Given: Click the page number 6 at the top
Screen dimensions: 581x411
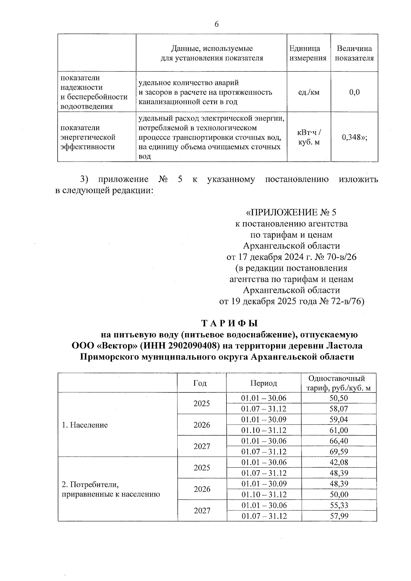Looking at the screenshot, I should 216,24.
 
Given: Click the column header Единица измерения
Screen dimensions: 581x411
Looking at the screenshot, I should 308,53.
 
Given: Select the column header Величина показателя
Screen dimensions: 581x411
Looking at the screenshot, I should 354,53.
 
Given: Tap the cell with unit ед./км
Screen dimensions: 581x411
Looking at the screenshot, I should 309,92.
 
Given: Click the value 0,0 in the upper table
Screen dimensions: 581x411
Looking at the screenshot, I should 354,92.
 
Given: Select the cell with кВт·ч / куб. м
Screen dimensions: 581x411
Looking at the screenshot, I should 309,137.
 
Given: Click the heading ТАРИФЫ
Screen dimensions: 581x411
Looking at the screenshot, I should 229,323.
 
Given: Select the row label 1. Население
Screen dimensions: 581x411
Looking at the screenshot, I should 85,425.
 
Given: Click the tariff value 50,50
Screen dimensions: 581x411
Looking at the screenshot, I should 338,398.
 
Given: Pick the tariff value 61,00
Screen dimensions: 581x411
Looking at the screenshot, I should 338,430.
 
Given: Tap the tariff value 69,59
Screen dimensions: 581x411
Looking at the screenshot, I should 338,452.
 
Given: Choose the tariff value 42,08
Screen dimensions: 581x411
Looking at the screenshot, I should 338,462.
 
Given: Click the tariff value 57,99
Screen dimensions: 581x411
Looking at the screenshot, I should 338,516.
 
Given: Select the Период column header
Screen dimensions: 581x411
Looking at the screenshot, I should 263,383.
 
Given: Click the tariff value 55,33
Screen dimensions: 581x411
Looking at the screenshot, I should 338,505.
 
